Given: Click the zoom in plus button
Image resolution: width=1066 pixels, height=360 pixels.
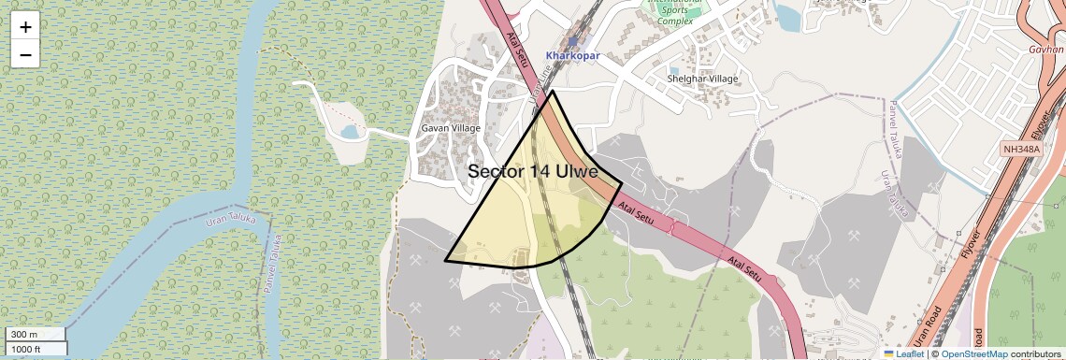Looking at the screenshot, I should click(x=25, y=27).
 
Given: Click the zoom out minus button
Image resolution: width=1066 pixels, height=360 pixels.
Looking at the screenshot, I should click(x=25, y=55).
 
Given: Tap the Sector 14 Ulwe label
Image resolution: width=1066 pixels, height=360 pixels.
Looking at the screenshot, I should click(x=532, y=171).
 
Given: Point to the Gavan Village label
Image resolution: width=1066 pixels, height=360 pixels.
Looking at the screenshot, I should click(x=451, y=128).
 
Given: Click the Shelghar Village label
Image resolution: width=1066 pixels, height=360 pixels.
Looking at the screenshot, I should click(x=703, y=79).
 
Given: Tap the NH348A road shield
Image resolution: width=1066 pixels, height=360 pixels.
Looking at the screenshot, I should click(x=1021, y=149).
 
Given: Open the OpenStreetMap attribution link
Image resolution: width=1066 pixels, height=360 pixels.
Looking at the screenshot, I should click(x=973, y=354).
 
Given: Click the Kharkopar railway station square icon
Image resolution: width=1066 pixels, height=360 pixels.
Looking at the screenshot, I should click(x=572, y=41).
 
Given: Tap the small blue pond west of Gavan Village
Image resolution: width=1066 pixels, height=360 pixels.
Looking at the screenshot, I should click(x=350, y=133).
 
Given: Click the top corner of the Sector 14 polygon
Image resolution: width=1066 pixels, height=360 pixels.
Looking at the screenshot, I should click(x=553, y=91).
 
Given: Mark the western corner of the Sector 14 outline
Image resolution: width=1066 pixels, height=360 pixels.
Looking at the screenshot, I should click(x=445, y=261).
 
